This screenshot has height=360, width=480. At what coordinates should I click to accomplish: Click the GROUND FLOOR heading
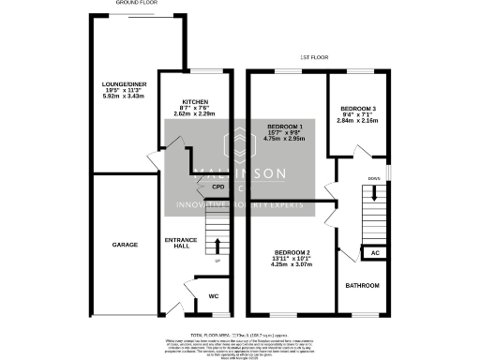tap(136, 4)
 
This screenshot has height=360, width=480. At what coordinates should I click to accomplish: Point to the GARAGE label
tap(125, 245)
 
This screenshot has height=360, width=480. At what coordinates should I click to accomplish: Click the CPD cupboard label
tap(217, 187)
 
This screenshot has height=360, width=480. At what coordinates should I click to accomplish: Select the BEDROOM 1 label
tap(285, 126)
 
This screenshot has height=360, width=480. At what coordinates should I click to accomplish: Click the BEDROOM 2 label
tap(291, 252)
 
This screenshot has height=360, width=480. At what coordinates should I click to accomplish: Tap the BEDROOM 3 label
tap(358, 107)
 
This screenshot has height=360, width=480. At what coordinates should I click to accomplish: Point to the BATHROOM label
tap(361, 284)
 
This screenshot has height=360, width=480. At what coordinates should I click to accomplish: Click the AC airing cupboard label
tap(374, 253)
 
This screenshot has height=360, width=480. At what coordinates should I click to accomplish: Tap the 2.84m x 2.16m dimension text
tap(358, 120)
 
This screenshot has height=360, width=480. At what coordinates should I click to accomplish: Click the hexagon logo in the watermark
tap(239, 145)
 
